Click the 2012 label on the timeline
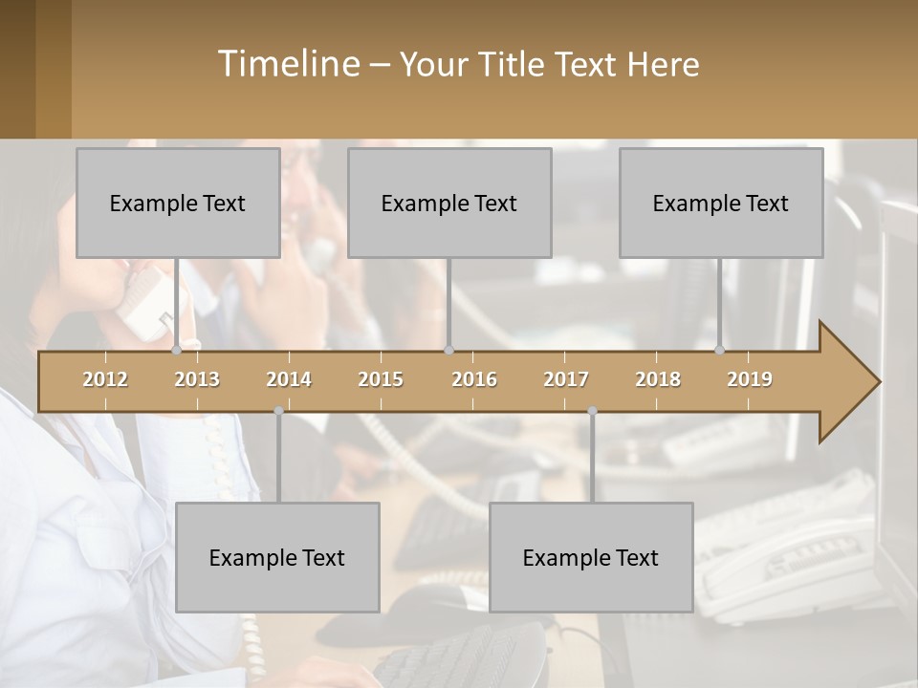[105, 379]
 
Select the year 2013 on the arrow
[197, 379]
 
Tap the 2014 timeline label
[289, 379]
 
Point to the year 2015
[381, 379]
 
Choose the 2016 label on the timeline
[474, 379]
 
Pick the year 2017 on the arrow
[566, 379]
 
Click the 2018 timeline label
[658, 379]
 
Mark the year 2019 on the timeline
[750, 379]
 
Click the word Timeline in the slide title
[286, 64]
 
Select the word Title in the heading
[514, 64]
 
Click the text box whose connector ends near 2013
[178, 203]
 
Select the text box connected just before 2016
[449, 203]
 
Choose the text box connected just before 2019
[721, 203]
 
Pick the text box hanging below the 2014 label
[277, 557]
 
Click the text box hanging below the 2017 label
[591, 557]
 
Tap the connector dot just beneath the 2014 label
[278, 411]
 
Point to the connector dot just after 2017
[592, 411]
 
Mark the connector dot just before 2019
[720, 351]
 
